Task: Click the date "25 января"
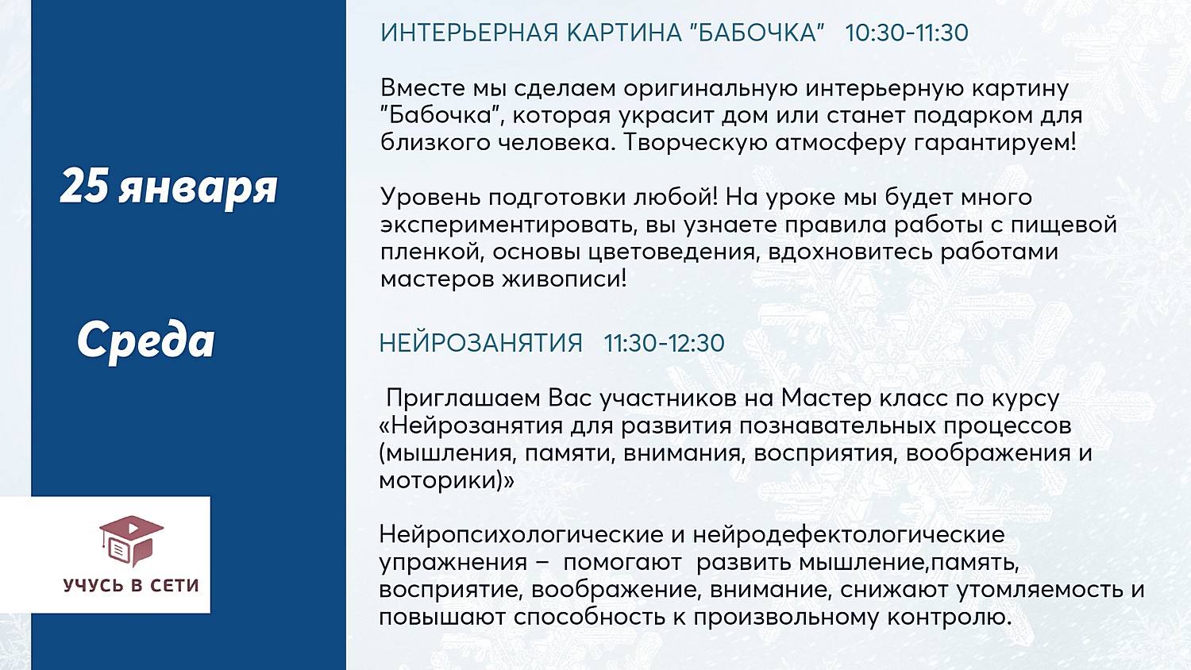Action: click(x=168, y=187)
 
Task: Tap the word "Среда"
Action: click(x=145, y=341)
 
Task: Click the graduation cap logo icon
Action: click(x=131, y=541)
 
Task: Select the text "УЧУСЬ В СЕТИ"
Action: click(x=131, y=585)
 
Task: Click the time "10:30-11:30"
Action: click(x=907, y=33)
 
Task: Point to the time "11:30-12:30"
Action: click(x=664, y=343)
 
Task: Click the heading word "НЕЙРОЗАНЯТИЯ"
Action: click(x=481, y=343)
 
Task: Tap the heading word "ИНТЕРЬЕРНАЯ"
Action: click(x=469, y=33)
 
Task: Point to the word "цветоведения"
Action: click(x=672, y=252)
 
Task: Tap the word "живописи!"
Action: click(x=565, y=279)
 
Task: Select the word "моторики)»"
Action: click(x=446, y=481)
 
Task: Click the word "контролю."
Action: click(x=949, y=618)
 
